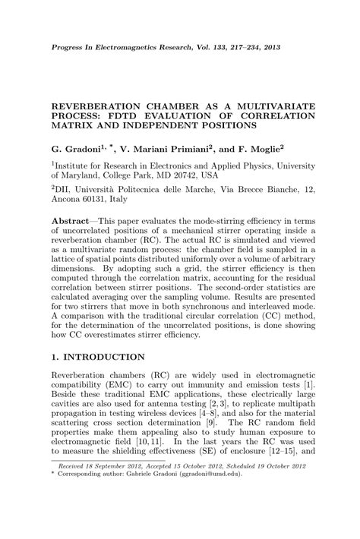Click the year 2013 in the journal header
click(x=270, y=47)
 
